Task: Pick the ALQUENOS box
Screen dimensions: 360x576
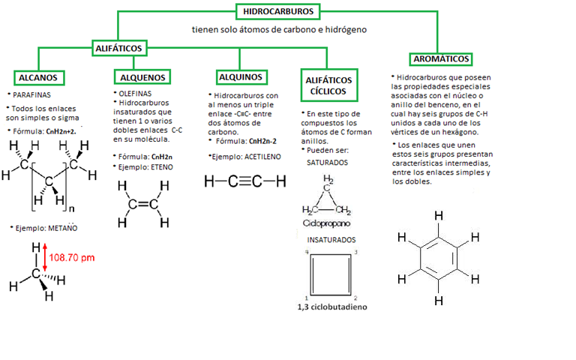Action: tap(143, 78)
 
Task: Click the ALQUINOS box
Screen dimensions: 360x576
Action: tap(240, 77)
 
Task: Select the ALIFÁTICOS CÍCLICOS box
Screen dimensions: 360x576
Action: tap(328, 85)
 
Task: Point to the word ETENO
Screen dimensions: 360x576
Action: tap(160, 166)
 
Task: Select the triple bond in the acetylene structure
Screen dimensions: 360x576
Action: tap(244, 181)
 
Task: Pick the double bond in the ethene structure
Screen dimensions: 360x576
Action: tap(142, 203)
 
